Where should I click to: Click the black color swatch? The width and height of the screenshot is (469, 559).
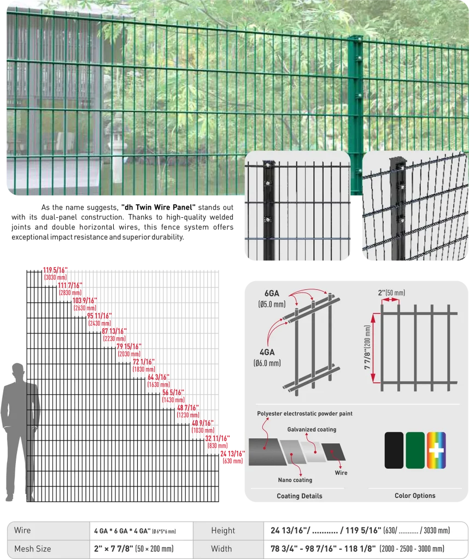click(394, 450)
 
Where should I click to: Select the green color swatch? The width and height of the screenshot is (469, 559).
click(415, 450)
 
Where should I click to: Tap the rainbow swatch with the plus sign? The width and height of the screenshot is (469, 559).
click(436, 450)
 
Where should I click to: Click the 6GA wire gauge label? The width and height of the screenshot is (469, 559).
click(272, 293)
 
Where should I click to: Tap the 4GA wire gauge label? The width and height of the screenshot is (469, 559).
click(267, 352)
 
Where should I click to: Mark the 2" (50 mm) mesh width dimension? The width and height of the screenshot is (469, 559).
click(391, 293)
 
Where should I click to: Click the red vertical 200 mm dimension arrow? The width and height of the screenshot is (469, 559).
click(373, 348)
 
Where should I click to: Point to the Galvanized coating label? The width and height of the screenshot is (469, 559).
click(312, 430)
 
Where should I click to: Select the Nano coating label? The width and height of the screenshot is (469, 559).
click(295, 480)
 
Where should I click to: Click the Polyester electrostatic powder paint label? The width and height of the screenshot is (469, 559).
click(305, 414)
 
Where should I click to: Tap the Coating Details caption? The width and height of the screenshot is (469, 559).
click(300, 496)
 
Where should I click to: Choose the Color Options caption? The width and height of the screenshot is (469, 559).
click(415, 496)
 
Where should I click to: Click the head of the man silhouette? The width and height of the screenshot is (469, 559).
click(18, 371)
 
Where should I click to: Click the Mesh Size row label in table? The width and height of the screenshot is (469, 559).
click(32, 549)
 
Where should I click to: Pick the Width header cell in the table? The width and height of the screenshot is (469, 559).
click(221, 549)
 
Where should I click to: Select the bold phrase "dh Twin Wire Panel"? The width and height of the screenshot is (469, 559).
click(159, 207)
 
